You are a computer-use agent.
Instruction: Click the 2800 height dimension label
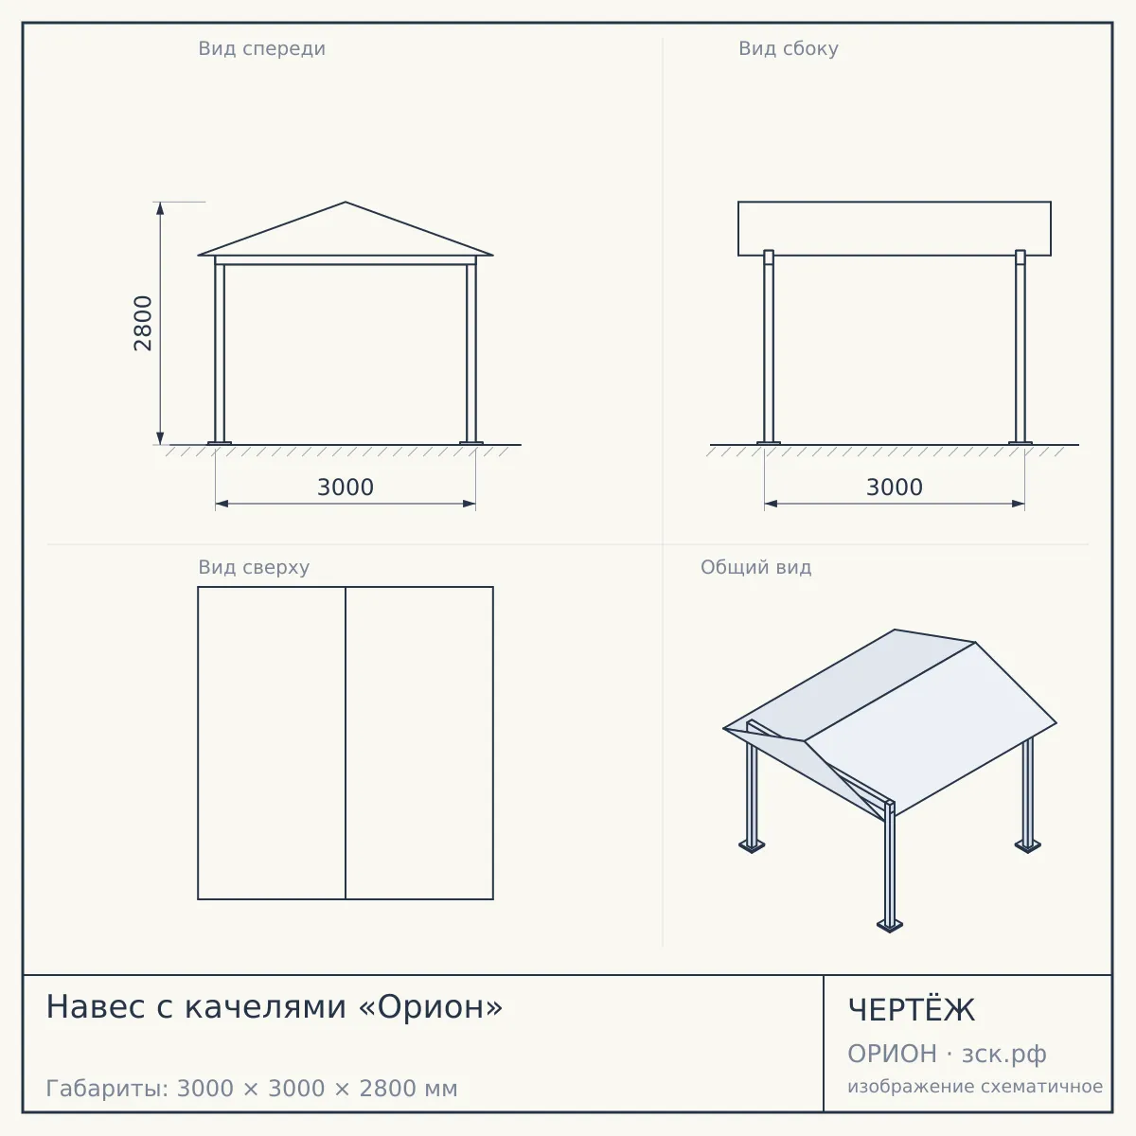click(143, 323)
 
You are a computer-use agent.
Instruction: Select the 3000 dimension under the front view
click(346, 488)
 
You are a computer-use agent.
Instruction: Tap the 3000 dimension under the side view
click(895, 488)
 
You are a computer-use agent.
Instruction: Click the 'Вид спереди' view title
click(261, 48)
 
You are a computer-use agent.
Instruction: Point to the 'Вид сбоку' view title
click(789, 48)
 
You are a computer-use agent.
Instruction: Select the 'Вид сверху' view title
click(254, 567)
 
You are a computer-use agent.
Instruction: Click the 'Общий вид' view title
click(755, 567)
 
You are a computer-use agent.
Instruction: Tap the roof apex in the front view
click(346, 203)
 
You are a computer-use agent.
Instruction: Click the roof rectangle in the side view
click(895, 229)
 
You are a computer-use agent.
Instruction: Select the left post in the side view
click(769, 347)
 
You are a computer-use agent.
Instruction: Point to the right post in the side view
click(1021, 347)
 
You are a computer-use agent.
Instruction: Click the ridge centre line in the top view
click(346, 743)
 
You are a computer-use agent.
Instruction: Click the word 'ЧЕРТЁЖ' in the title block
click(912, 1010)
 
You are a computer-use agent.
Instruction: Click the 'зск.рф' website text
click(1004, 1054)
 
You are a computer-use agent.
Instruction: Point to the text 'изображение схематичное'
click(975, 1086)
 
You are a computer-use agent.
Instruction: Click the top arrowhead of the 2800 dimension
click(160, 208)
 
